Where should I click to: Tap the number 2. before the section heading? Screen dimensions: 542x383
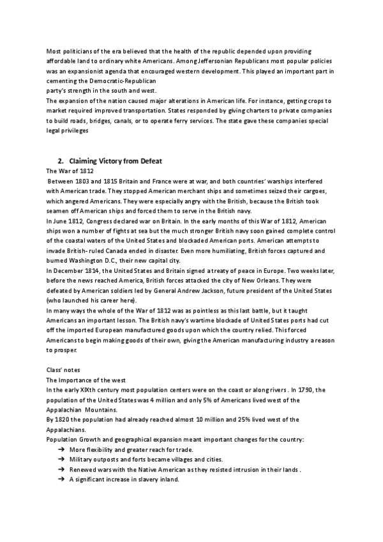(x=61, y=162)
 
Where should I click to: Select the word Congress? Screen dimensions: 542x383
(x=103, y=222)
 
